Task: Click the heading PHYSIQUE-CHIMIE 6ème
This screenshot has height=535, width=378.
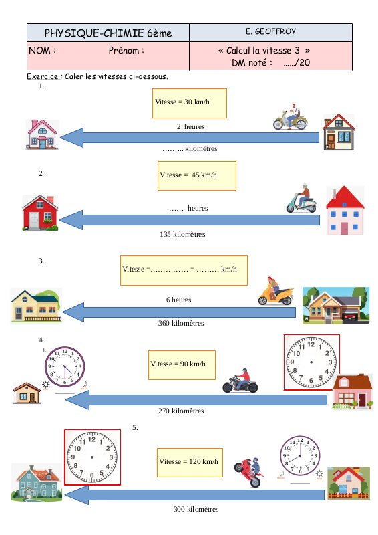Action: point(108,33)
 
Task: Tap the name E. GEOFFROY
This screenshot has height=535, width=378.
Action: point(270,31)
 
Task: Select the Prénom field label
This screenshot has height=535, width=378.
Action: point(126,51)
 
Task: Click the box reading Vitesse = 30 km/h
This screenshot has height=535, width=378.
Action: point(190,104)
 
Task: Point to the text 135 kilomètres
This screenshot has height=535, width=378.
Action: point(182,235)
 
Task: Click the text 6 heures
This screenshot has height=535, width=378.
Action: point(178,300)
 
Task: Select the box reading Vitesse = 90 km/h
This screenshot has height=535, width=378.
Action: point(182,364)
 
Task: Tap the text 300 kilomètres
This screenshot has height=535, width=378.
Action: point(196,509)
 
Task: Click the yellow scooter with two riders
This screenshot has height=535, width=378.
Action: point(276,291)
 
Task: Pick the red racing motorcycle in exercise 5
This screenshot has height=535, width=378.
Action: point(249,472)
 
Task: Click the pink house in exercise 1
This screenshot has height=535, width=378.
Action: point(42,134)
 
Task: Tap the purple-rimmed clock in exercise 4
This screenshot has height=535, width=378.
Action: point(65,366)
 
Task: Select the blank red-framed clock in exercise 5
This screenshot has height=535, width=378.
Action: point(92,457)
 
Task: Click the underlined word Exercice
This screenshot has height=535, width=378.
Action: point(43,76)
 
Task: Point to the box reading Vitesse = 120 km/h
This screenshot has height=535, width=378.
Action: point(190,463)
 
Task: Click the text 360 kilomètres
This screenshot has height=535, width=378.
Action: point(181,323)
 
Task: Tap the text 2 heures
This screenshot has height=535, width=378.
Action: point(190,126)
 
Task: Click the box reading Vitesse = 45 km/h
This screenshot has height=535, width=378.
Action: point(197,176)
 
